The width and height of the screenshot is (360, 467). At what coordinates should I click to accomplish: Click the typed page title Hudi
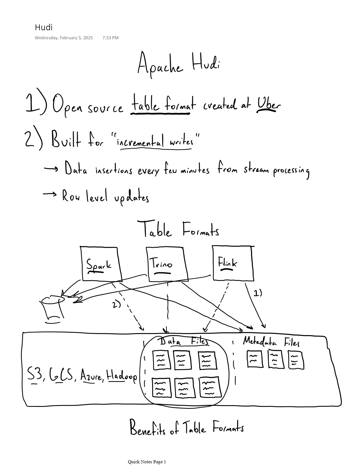tap(43, 27)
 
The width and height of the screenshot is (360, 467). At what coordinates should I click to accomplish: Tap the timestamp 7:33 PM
tap(110, 38)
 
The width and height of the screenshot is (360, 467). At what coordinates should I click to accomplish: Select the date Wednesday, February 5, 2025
tap(64, 38)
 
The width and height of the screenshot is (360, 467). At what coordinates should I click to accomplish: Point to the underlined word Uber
tap(269, 105)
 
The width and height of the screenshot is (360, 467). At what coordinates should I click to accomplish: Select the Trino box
tap(167, 264)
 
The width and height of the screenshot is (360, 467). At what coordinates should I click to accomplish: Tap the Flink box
tap(233, 263)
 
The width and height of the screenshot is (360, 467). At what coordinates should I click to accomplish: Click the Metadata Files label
tap(271, 342)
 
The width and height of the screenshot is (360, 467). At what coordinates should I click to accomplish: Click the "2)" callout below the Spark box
tap(117, 305)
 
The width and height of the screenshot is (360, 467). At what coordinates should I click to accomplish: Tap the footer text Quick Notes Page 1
tap(147, 462)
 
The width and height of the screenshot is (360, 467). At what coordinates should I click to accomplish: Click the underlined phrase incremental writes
tap(156, 141)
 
